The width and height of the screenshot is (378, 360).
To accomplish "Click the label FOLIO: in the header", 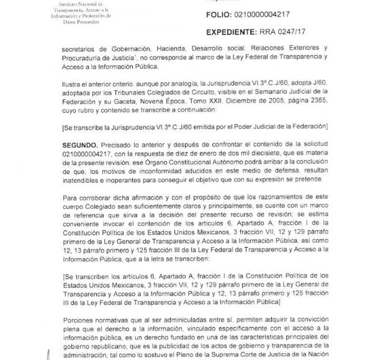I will (223, 14).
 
